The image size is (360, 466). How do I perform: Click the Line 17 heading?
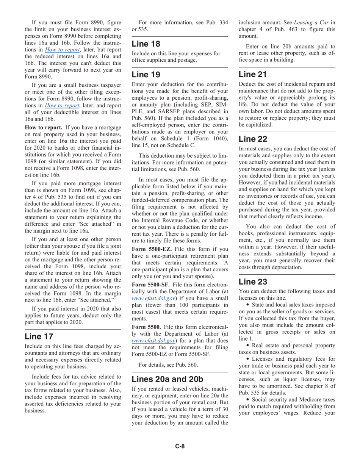[39, 336]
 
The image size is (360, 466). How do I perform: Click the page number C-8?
[180, 446]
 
